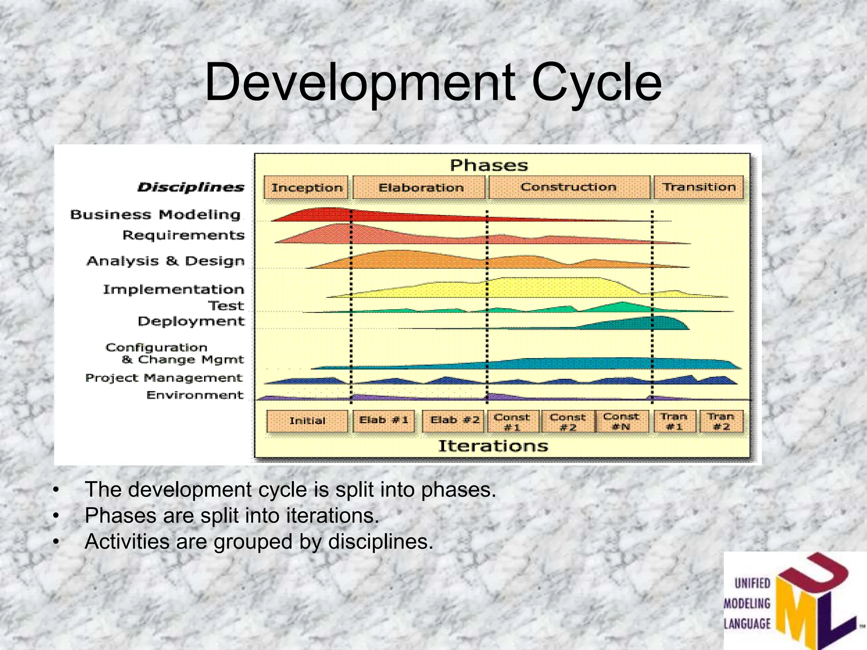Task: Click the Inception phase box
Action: point(306,187)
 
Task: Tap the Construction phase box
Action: point(569,187)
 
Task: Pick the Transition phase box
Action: point(699,187)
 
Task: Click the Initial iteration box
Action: point(307,421)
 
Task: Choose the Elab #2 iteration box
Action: point(454,421)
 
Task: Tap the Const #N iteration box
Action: point(621,421)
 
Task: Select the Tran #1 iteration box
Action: point(674,421)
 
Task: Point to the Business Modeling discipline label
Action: point(155,215)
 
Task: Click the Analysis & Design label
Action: point(166,261)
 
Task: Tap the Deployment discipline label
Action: point(191,321)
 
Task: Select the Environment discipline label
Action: point(195,395)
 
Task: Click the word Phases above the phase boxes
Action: point(489,165)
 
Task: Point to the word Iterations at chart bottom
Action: point(493,446)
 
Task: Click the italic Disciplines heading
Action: point(191,187)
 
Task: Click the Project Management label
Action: point(164,378)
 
